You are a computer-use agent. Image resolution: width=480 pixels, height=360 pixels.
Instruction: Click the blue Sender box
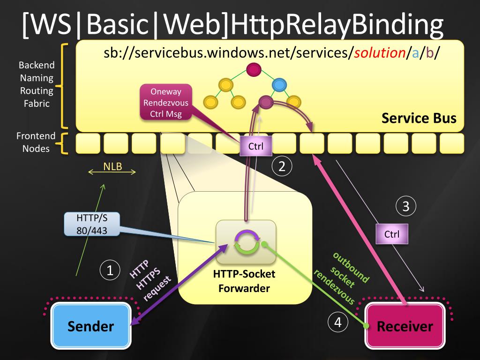click(91, 326)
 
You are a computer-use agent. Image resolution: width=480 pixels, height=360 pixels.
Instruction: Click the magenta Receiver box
click(405, 326)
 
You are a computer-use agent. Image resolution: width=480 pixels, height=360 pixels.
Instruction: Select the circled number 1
click(110, 270)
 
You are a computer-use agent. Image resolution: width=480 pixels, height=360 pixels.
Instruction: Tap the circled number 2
click(282, 166)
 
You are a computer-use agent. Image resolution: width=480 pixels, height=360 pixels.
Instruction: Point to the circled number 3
click(405, 206)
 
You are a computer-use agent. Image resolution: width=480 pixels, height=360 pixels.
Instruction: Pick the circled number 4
click(337, 322)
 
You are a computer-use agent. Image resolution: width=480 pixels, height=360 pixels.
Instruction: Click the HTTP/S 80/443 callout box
click(92, 225)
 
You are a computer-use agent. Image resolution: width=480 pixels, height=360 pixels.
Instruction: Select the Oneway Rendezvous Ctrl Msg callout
click(166, 102)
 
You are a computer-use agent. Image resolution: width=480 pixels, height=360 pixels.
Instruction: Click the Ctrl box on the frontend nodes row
click(256, 146)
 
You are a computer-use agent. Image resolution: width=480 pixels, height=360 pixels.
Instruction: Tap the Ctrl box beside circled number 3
click(392, 234)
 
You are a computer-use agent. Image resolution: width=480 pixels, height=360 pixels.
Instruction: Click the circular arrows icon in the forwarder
click(247, 242)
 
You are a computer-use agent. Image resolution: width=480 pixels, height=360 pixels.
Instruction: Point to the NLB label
click(112, 166)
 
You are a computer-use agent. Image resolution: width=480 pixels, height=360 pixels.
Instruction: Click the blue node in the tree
click(279, 85)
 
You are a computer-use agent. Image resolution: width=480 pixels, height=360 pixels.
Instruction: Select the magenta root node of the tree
click(254, 70)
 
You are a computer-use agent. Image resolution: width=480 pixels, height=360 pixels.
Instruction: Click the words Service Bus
click(419, 118)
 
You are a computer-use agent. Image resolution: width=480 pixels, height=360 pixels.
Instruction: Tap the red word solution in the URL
click(380, 53)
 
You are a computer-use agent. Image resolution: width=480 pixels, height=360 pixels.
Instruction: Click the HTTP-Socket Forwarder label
click(244, 281)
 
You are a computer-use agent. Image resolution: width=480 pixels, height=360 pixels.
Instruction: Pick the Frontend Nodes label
click(36, 142)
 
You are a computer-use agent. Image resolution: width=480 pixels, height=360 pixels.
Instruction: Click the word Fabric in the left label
click(37, 104)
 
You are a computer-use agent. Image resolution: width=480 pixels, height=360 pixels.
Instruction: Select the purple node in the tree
click(266, 102)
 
